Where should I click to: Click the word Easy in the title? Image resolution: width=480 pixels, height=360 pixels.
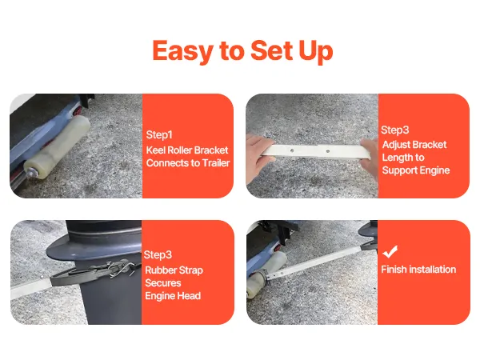tap(182, 51)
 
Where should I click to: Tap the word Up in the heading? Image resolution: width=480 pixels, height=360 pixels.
tap(316, 51)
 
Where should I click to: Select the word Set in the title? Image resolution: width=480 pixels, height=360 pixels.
tap(272, 50)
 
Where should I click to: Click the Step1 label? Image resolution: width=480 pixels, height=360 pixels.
tap(159, 134)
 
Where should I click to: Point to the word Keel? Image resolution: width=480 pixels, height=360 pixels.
tap(155, 150)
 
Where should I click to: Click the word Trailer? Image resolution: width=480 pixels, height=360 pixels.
tap(216, 163)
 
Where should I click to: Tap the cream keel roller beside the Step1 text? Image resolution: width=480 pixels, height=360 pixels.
tap(57, 146)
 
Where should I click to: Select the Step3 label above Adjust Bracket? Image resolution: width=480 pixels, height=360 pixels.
tap(395, 130)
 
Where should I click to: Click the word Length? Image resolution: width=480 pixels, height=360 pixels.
tap(396, 158)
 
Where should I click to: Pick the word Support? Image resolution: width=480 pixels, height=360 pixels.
tap(398, 170)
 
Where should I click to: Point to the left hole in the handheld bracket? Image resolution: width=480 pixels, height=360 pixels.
tap(292, 150)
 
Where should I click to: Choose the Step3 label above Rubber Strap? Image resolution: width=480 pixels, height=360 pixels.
tap(158, 254)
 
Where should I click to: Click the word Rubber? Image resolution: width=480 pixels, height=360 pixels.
tap(161, 270)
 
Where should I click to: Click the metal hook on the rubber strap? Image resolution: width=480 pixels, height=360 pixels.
tap(121, 269)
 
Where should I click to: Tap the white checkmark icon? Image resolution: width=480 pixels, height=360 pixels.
tap(390, 251)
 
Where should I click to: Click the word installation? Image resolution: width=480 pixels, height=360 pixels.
tap(433, 270)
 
